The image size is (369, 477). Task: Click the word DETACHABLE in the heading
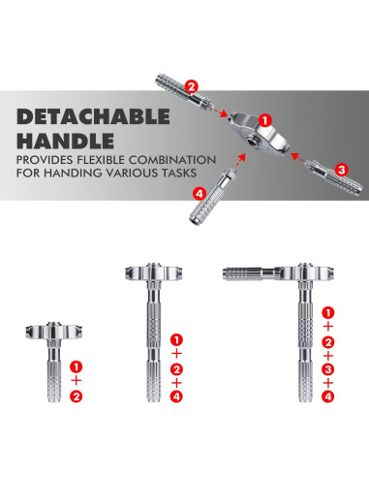[x=93, y=116]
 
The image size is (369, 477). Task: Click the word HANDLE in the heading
[x=66, y=141]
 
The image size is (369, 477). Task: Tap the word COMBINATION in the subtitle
[x=172, y=160]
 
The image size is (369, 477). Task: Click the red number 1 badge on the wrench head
[x=265, y=121]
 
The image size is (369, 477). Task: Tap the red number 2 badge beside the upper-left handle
[x=192, y=87]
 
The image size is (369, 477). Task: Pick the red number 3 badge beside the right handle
[x=342, y=170]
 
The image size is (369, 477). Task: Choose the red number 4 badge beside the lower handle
[x=200, y=194]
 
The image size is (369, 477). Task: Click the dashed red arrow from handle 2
[x=219, y=111]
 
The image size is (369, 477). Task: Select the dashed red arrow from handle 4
[x=240, y=160]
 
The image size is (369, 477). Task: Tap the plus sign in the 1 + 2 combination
[x=77, y=380]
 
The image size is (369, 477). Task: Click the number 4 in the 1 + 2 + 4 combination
[x=176, y=397]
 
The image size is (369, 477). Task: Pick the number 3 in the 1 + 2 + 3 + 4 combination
[x=328, y=369]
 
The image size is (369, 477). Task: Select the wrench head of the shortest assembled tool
[x=54, y=331]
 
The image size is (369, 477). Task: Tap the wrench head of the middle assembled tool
[x=154, y=272]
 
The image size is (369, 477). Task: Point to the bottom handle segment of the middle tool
[x=154, y=381]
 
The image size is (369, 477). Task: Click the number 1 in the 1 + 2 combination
[x=77, y=366]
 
